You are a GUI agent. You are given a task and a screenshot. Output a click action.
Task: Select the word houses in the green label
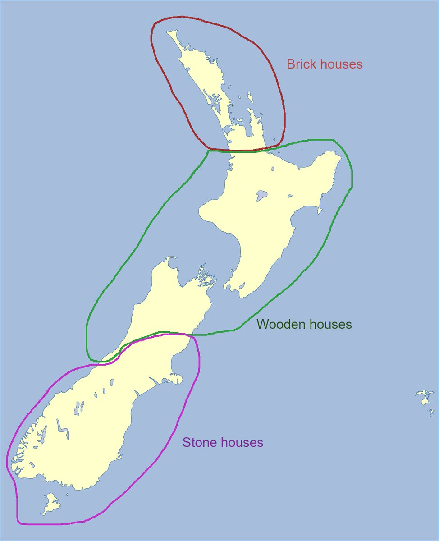329,324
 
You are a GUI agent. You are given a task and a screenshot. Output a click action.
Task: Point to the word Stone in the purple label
198,442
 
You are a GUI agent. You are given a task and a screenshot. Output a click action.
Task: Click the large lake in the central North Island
261,196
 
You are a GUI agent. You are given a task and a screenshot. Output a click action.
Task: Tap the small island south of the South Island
51,503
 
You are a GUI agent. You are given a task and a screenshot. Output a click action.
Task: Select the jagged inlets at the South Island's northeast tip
205,280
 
